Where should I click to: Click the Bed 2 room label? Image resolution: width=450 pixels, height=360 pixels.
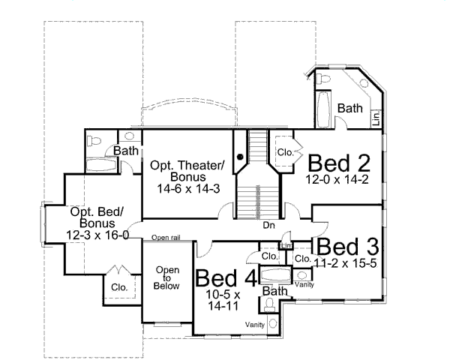point(339,163)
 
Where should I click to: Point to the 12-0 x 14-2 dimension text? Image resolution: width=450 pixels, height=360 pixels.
point(339,179)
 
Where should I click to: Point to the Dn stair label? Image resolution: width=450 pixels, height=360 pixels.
point(268,224)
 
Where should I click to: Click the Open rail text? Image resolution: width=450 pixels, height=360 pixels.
point(165,238)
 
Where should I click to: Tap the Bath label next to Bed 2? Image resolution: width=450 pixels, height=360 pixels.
point(349,109)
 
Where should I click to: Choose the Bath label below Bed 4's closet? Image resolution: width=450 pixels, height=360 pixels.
point(275,291)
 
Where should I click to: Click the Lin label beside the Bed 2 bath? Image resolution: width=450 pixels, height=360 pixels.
point(376,117)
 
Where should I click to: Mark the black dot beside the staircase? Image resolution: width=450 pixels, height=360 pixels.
point(240,157)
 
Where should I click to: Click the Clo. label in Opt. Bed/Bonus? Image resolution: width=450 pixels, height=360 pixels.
point(118,286)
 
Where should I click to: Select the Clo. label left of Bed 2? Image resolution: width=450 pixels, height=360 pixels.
point(285,151)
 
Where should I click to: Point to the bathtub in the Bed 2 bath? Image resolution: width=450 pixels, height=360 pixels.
point(323,111)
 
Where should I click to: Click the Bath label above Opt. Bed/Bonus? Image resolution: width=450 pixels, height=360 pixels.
point(124,151)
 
